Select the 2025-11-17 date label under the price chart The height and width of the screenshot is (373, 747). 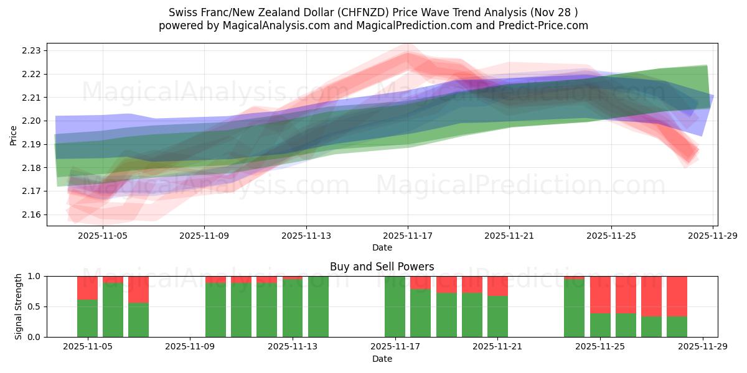tap(408, 236)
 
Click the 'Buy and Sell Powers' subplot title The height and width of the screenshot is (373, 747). tap(382, 267)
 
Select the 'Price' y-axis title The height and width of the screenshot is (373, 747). tap(14, 135)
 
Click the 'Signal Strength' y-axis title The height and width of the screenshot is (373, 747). tap(19, 306)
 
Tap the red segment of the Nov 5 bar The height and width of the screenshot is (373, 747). tap(87, 288)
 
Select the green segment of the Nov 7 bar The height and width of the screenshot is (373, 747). tap(139, 320)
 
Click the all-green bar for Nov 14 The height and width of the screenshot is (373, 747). tap(318, 306)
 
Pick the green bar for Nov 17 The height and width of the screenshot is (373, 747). tap(395, 306)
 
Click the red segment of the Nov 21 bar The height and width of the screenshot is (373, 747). tap(497, 286)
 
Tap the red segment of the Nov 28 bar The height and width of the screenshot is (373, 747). tap(677, 296)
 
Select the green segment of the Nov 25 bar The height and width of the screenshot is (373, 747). tap(600, 325)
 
